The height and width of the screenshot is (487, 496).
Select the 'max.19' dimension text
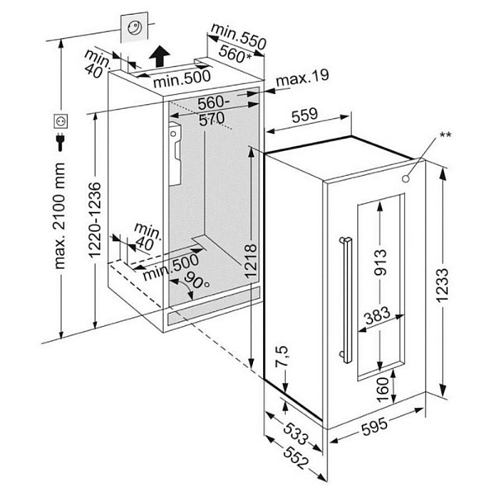[303, 78]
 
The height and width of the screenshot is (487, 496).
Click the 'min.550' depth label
[236, 34]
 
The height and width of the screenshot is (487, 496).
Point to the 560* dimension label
[235, 54]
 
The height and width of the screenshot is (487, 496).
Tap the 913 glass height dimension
[381, 262]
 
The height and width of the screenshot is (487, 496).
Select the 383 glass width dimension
[379, 315]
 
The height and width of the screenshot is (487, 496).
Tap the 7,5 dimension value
[283, 362]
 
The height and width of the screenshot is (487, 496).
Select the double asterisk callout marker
[446, 135]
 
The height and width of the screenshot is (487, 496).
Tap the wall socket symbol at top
[136, 27]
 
